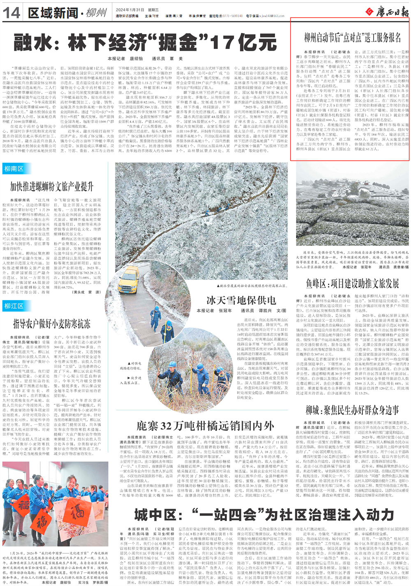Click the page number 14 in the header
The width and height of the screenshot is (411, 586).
click(x=11, y=12)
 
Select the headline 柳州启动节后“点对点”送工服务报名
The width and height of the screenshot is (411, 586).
click(x=352, y=38)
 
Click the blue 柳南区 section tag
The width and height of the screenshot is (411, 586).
click(x=14, y=169)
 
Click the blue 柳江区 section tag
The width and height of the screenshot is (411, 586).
click(x=14, y=306)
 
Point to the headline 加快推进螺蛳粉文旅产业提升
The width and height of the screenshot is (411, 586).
click(x=52, y=186)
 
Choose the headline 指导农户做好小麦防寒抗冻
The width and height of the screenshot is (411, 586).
click(x=52, y=323)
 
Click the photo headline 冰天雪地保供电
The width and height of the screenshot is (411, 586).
click(x=241, y=300)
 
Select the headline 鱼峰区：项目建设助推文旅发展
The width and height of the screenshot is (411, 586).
click(x=352, y=284)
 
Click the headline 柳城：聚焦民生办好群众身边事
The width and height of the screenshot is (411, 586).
click(x=352, y=410)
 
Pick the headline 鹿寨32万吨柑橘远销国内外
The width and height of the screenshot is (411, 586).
click(x=205, y=426)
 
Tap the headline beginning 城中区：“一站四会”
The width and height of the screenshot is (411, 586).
click(x=264, y=515)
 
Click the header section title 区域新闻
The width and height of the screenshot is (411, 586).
click(x=53, y=13)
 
